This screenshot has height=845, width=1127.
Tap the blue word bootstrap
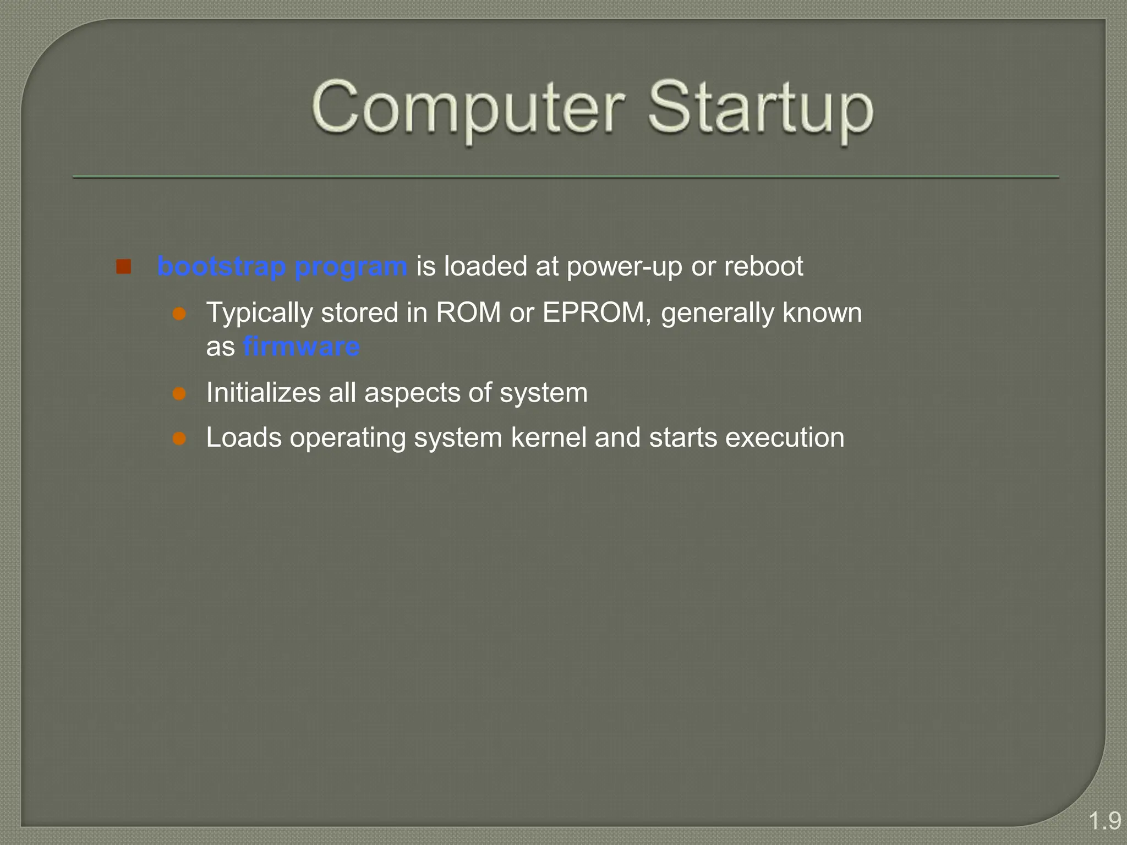pyautogui.click(x=221, y=267)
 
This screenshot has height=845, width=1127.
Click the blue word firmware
pyautogui.click(x=302, y=347)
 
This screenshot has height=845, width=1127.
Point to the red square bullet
pyautogui.click(x=123, y=267)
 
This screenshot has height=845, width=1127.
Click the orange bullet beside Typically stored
pyautogui.click(x=179, y=314)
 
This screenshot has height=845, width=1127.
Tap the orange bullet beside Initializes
pyautogui.click(x=179, y=394)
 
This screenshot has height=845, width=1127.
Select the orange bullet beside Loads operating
pyautogui.click(x=179, y=438)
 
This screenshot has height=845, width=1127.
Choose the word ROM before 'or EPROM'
pyautogui.click(x=468, y=313)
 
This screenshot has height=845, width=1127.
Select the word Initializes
pyautogui.click(x=263, y=393)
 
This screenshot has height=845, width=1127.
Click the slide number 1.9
pyautogui.click(x=1104, y=821)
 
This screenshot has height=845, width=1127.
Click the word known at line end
pyautogui.click(x=822, y=313)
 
